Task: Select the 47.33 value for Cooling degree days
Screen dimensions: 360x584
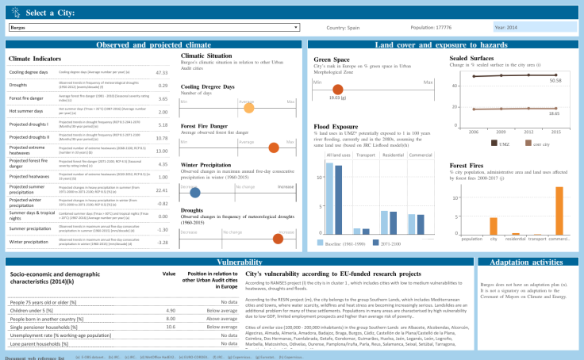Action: point(161,72)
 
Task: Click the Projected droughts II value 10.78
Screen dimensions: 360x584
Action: point(161,137)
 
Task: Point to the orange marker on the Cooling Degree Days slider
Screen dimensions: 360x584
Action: point(248,108)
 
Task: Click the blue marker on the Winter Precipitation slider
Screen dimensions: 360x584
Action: point(194,193)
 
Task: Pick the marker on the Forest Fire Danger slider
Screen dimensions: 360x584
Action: point(274,147)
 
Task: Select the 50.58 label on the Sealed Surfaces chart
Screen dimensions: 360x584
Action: point(555,81)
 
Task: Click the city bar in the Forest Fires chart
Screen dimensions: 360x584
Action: point(493,225)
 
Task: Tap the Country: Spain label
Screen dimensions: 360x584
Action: point(344,28)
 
